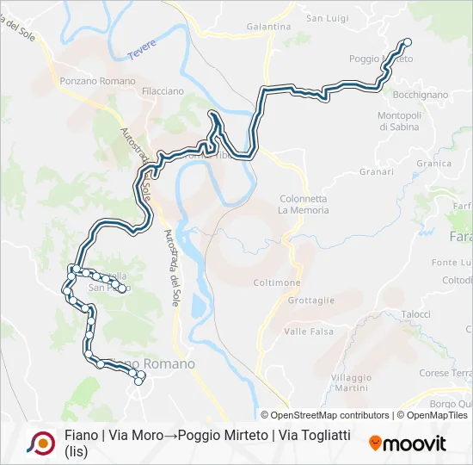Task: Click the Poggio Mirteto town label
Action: [381, 59]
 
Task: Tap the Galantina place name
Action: [269, 27]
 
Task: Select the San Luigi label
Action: [327, 18]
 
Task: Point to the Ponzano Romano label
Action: [98, 81]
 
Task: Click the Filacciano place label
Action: [163, 90]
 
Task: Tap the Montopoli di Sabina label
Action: [399, 121]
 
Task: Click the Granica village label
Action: [433, 164]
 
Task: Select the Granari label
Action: [377, 171]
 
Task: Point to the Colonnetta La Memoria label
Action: [303, 204]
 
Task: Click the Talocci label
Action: [415, 314]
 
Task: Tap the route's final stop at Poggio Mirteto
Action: [408, 42]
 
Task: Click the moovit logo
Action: [408, 443]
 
